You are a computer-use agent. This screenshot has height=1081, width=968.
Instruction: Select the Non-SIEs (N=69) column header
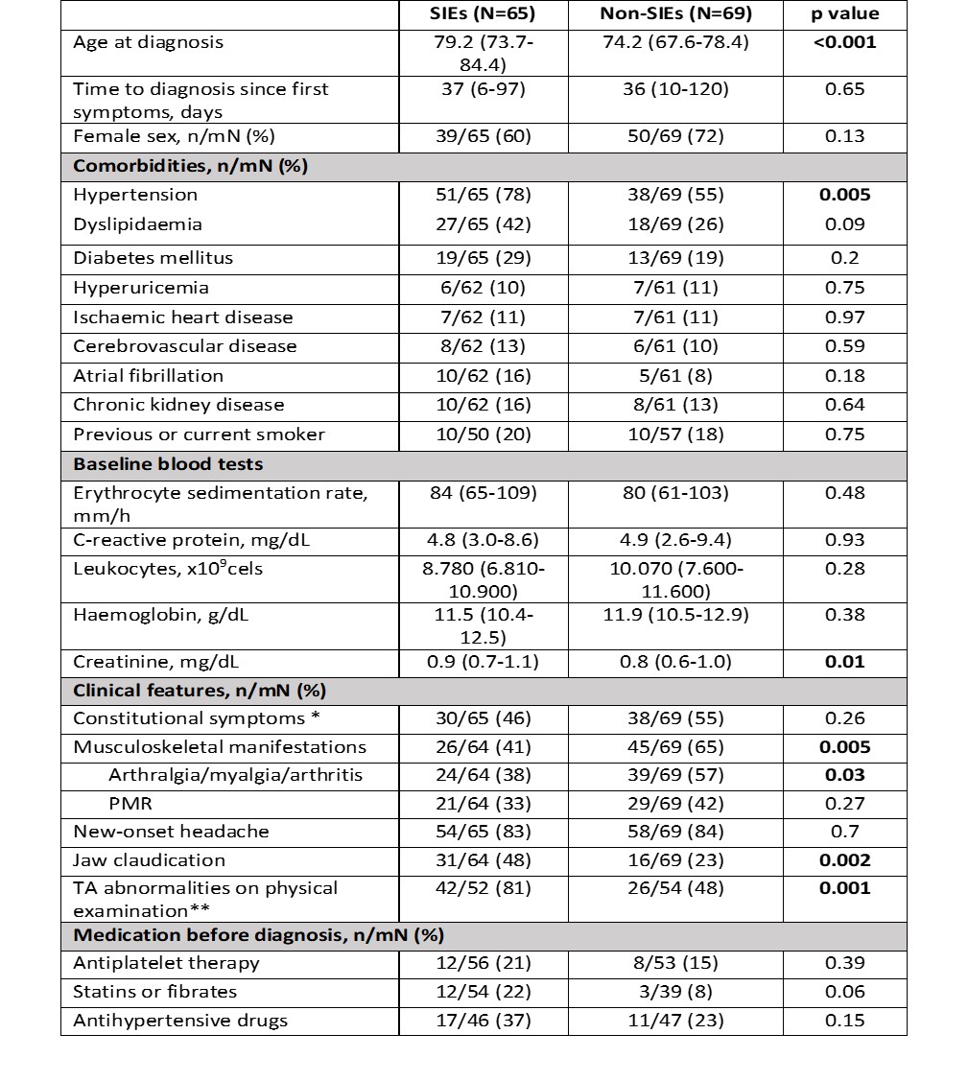(x=675, y=13)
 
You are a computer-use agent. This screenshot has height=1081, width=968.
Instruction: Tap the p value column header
(x=844, y=13)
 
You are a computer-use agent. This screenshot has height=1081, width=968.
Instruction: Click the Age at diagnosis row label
(x=148, y=42)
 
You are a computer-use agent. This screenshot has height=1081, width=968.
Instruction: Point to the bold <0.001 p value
(x=844, y=42)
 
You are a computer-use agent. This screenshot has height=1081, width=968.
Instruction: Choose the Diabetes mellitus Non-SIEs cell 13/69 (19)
(x=675, y=258)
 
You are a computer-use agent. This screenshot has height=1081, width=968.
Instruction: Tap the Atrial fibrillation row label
(x=148, y=375)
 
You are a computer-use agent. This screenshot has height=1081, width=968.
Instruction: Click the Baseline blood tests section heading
(x=168, y=464)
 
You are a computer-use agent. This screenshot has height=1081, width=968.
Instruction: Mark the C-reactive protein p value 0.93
(x=844, y=540)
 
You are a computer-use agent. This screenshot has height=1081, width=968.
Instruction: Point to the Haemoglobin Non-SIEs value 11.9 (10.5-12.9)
(x=675, y=615)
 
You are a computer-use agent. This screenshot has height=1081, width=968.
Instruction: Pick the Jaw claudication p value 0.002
(x=844, y=860)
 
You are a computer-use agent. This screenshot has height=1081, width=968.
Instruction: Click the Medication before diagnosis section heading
(x=258, y=934)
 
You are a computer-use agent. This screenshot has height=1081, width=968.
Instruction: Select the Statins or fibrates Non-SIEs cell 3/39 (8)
(x=675, y=992)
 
